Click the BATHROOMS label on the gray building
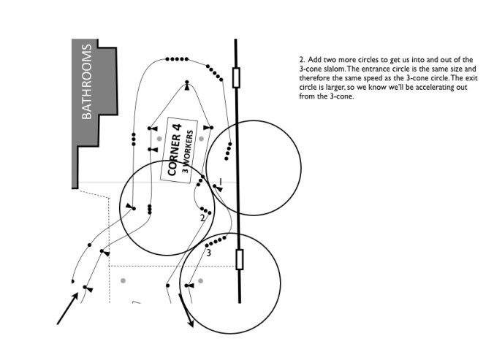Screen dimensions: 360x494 coord(87,82)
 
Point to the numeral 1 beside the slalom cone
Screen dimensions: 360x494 coord(220,180)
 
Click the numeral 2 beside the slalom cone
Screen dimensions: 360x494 coord(202,218)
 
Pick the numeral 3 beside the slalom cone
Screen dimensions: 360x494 coord(208,253)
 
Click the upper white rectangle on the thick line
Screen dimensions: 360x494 coord(235,77)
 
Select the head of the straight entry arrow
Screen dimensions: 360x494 coord(76,297)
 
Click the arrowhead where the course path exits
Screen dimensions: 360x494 coord(192,322)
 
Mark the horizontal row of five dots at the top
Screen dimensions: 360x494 coord(178,58)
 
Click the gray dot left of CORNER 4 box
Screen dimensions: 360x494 coord(159,138)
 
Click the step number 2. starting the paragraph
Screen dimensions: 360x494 coord(302,58)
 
